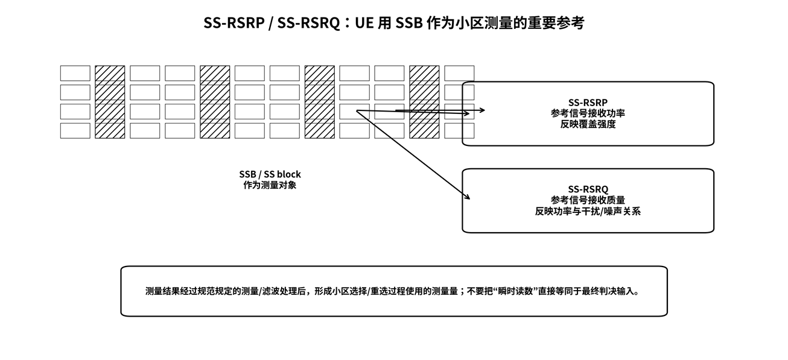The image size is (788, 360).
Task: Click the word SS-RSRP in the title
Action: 234,23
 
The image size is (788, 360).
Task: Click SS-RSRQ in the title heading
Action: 308,23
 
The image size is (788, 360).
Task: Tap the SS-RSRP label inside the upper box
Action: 588,103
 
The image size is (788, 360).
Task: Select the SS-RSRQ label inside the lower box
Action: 588,189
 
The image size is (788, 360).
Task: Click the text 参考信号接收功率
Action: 588,113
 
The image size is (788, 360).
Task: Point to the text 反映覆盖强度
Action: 588,124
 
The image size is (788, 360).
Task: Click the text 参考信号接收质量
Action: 588,200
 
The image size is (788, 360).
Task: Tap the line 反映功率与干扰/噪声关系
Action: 588,211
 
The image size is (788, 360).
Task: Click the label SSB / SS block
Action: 270,174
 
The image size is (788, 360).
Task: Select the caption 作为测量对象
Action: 270,185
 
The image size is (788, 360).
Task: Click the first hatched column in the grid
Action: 110,102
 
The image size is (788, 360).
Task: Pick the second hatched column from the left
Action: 215,102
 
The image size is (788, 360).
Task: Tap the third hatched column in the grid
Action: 320,102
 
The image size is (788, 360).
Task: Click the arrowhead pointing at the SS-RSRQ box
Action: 468,197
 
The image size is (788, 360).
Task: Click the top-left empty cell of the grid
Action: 75,73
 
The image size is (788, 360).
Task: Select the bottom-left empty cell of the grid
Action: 75,131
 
